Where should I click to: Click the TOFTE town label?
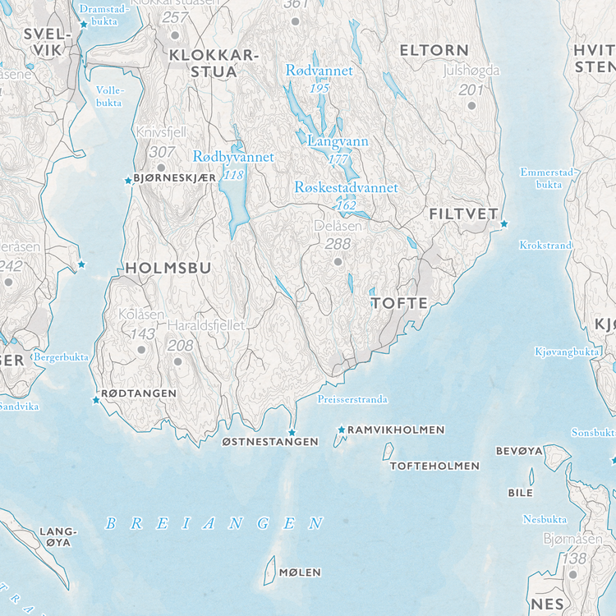[399, 303]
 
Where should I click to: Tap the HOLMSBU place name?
[168, 268]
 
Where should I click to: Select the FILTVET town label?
[463, 214]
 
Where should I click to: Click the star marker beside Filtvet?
[503, 223]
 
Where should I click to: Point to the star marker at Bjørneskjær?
[127, 180]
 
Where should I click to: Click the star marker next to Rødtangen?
[95, 400]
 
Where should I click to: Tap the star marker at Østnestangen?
[291, 432]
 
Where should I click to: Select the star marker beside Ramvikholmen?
[342, 430]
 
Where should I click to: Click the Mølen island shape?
[268, 569]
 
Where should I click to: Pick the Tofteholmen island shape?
[388, 451]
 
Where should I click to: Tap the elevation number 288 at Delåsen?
[337, 244]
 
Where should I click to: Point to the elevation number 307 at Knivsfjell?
[162, 151]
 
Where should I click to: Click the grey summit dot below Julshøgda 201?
[471, 105]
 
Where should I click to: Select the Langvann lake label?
[338, 141]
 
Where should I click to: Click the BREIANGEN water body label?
[214, 523]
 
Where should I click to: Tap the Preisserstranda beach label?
[352, 400]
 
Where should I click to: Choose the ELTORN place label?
[434, 51]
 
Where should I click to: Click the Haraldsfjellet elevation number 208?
[180, 345]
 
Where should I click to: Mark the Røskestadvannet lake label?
[346, 188]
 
